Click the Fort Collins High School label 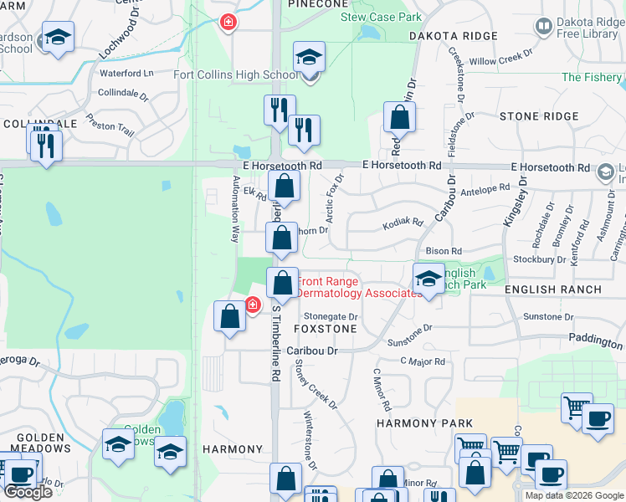click(x=234, y=74)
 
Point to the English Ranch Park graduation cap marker click(x=428, y=280)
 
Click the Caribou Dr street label click(x=312, y=351)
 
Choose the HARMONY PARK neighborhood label click(x=424, y=423)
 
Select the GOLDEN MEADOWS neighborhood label click(x=42, y=443)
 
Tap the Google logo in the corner click(x=28, y=492)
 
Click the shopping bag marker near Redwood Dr click(x=400, y=118)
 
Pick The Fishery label click(x=592, y=77)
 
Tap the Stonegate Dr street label click(x=331, y=317)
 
